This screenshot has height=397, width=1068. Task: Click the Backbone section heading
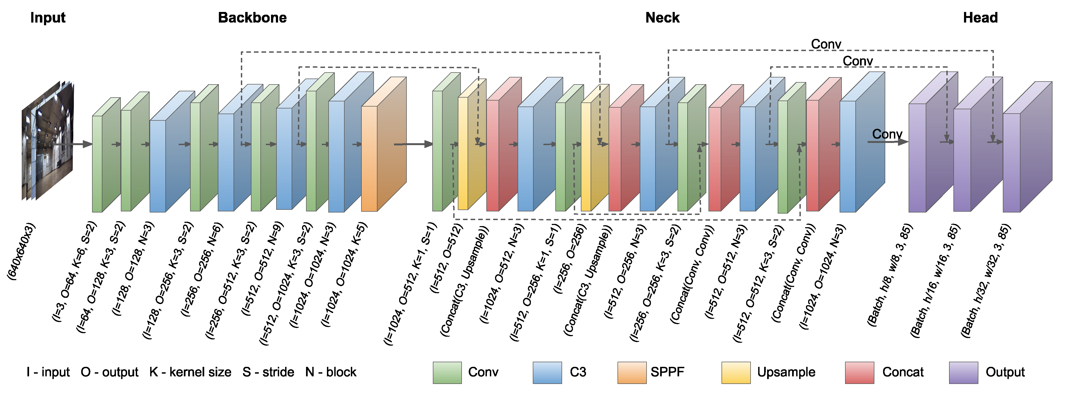pos(252,18)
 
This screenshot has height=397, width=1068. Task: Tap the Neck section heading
pos(662,18)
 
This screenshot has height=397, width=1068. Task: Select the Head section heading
pos(980,18)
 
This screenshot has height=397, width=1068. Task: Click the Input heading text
pos(48,18)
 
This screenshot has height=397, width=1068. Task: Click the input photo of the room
pos(48,141)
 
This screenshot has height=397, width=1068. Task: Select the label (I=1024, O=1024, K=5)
pos(344,274)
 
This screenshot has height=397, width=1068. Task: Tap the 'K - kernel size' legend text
pos(190,372)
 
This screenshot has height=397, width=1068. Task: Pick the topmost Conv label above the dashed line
pos(826,44)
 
